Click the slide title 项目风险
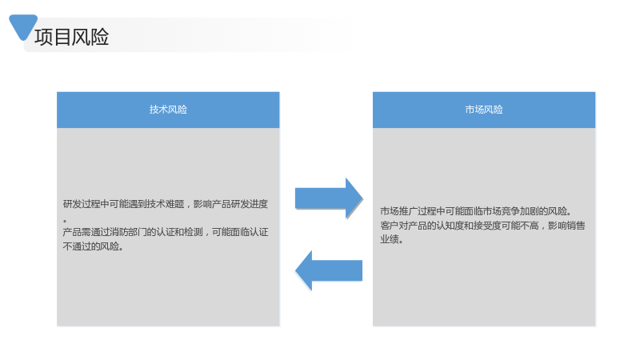pos(72,37)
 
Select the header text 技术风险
pos(168,110)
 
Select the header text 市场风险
pos(484,110)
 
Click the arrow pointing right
pos(329,198)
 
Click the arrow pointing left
pos(329,270)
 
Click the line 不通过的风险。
pos(93,246)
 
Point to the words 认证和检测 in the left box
pos(179,232)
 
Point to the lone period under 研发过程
pos(65,222)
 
